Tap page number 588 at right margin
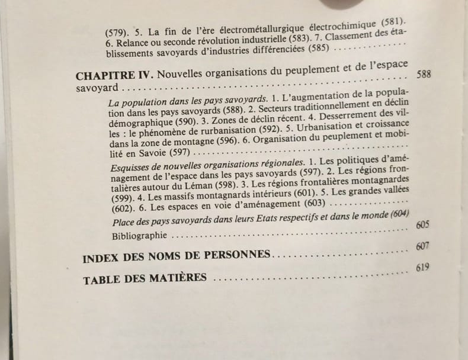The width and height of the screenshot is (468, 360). click(423, 76)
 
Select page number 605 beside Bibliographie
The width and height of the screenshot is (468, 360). click(422, 226)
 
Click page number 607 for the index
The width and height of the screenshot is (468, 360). click(422, 247)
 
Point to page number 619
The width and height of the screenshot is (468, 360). click(421, 267)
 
